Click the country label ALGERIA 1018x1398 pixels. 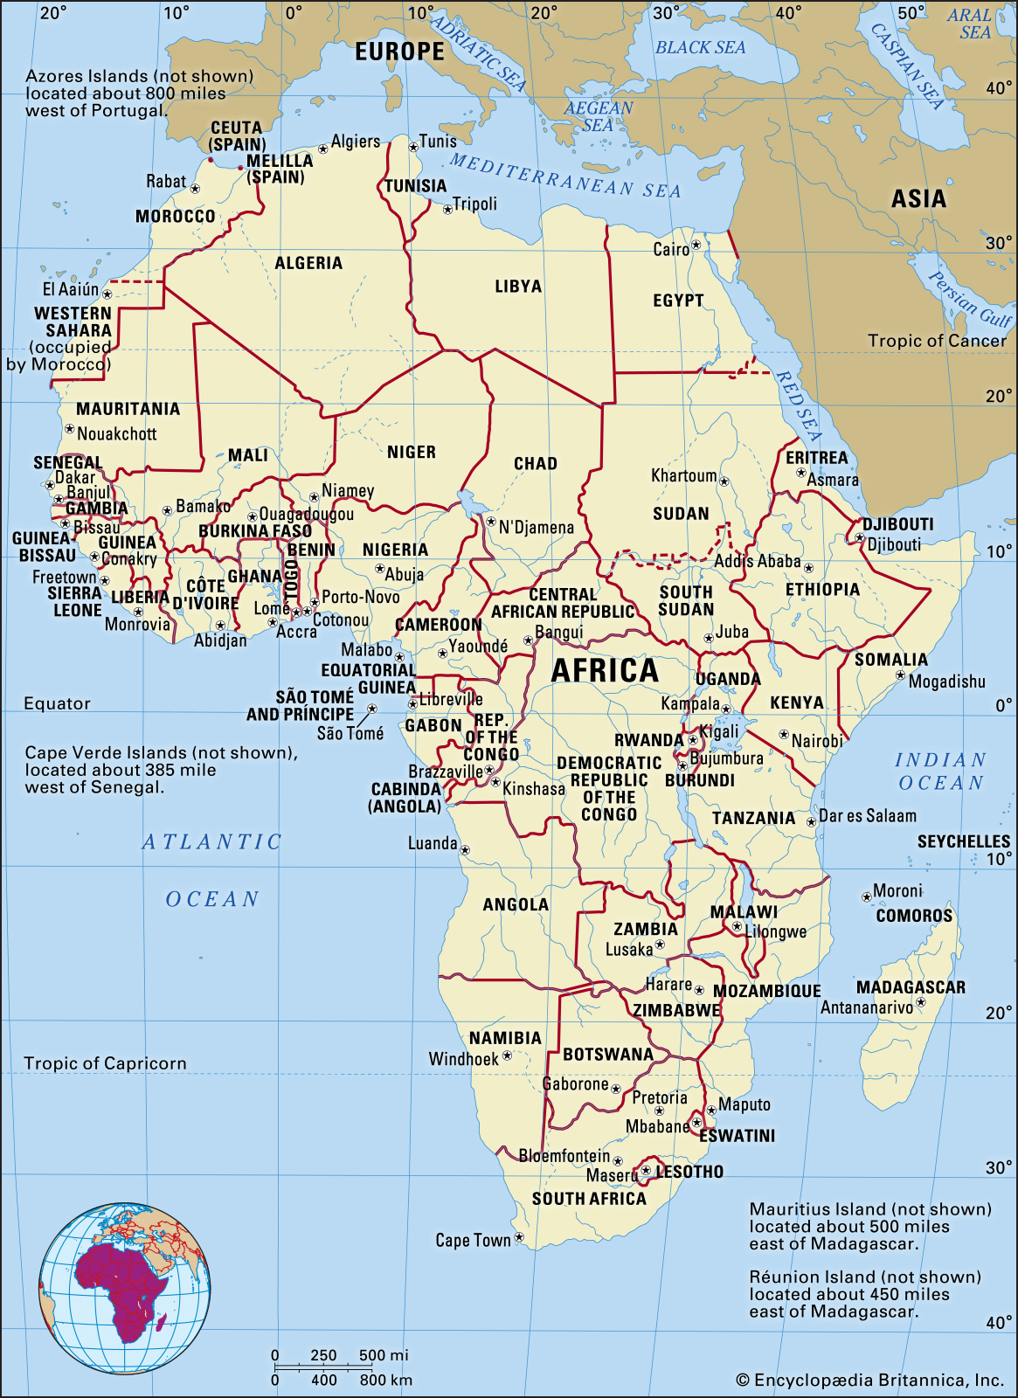[308, 263]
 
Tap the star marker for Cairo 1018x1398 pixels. [696, 246]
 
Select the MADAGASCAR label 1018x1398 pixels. [911, 987]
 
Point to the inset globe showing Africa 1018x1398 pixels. [124, 1287]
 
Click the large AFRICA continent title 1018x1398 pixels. [605, 671]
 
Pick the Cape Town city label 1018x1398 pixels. [473, 1240]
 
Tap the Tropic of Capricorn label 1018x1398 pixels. [105, 1063]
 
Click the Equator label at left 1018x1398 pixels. [57, 703]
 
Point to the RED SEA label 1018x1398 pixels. [798, 405]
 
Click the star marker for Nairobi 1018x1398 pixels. [784, 735]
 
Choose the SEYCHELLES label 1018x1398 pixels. [963, 841]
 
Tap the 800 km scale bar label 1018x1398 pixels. [385, 1380]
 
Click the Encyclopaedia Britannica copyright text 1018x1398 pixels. [869, 1380]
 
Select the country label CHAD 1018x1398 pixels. [535, 463]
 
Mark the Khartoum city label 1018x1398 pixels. [683, 475]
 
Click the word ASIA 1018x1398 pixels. [918, 199]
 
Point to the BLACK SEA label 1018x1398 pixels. [700, 48]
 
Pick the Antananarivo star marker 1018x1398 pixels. [921, 1002]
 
